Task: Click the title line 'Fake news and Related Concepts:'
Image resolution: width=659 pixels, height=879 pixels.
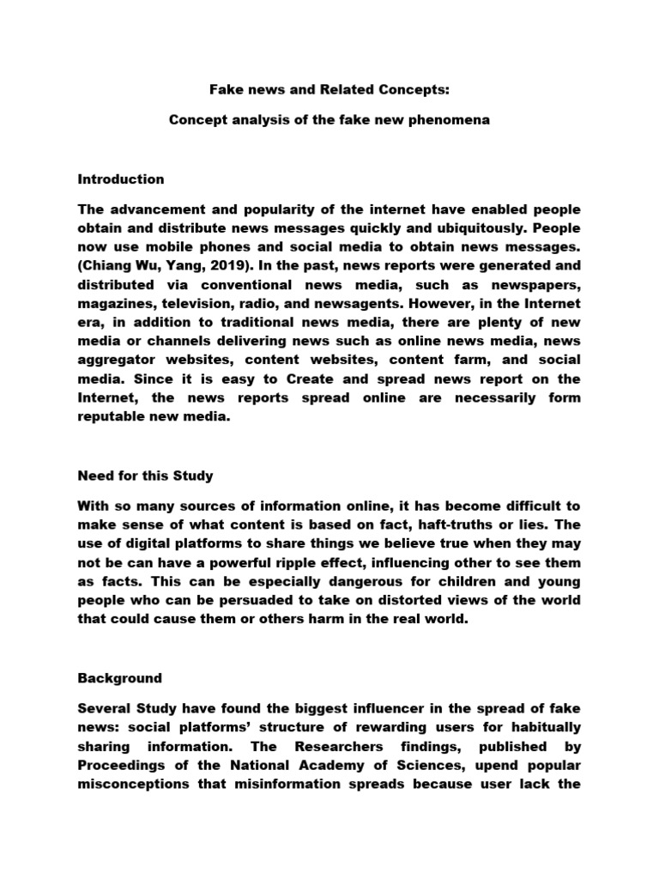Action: (x=329, y=88)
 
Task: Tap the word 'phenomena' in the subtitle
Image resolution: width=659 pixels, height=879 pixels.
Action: (x=451, y=120)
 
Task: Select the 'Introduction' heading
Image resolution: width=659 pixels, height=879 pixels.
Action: (x=121, y=179)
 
